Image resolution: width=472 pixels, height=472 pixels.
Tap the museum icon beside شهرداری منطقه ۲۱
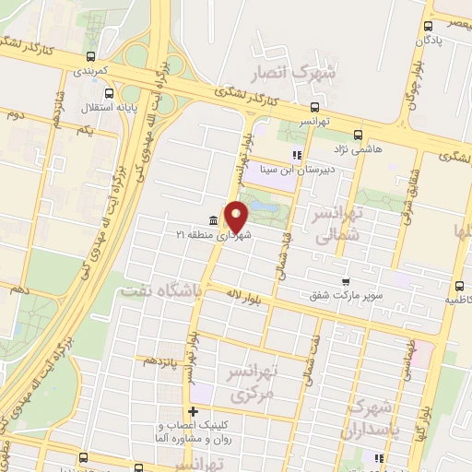(x=214, y=220)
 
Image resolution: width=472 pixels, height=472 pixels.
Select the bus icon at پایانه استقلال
(x=110, y=92)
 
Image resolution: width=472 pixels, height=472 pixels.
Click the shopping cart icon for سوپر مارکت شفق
(x=346, y=282)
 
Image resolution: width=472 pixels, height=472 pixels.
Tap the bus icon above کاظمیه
(x=458, y=287)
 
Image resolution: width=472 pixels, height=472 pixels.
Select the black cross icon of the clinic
(x=192, y=411)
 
